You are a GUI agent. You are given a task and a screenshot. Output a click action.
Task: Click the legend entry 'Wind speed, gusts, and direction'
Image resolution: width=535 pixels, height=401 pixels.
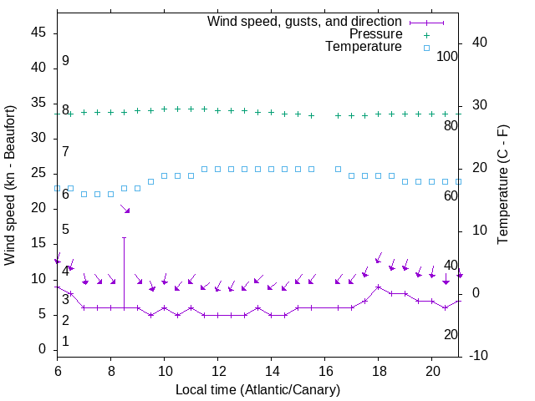click(x=304, y=21)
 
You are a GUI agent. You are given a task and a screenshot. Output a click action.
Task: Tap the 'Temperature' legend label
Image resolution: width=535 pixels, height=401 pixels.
click(x=364, y=48)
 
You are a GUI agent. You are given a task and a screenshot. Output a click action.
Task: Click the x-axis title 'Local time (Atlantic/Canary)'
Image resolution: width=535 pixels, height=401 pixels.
click(x=257, y=389)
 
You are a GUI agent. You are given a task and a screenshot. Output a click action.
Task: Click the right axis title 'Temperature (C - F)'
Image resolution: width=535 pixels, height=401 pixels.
click(x=502, y=185)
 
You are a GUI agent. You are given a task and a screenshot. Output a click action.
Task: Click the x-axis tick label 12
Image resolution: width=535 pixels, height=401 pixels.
click(x=217, y=370)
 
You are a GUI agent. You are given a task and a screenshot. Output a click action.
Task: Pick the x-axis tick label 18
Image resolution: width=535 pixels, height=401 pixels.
click(x=378, y=370)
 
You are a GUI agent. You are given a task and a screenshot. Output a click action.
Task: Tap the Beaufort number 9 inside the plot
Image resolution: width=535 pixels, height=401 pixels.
click(x=65, y=62)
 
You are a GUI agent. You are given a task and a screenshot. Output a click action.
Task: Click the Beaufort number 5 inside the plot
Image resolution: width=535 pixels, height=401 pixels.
click(x=65, y=230)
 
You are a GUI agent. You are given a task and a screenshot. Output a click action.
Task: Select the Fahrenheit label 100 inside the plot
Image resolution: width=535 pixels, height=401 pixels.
click(x=447, y=57)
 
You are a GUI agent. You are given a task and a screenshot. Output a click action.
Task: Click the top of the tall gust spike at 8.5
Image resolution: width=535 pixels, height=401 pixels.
click(x=124, y=237)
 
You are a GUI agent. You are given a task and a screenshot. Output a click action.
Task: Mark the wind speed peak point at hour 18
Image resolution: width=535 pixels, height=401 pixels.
click(x=378, y=287)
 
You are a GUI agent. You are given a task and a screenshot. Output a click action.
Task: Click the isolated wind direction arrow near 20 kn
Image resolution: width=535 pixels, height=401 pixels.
click(x=125, y=209)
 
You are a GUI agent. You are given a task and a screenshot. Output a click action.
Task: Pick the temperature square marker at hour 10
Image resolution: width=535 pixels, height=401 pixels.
click(x=164, y=176)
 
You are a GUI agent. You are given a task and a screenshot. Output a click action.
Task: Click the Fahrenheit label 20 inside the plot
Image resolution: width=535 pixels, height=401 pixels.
click(x=451, y=335)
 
